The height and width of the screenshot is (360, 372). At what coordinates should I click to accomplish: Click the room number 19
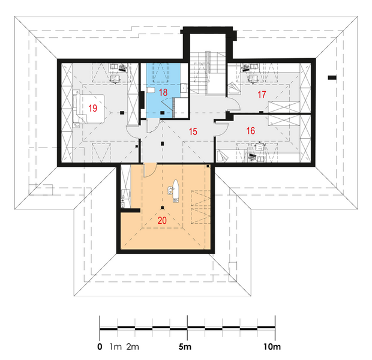93,108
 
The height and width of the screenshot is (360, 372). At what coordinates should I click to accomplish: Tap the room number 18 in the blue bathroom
163,92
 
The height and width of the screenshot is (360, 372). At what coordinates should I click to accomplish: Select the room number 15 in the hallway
193,131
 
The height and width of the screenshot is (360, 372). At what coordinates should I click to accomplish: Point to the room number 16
251,131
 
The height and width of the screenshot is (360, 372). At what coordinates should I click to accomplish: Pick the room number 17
262,94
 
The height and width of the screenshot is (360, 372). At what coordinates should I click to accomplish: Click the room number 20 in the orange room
162,220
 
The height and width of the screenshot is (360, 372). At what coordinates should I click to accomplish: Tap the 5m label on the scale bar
185,347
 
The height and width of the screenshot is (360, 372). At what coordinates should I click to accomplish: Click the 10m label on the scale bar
272,347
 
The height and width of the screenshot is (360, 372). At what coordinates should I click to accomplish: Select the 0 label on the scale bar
100,347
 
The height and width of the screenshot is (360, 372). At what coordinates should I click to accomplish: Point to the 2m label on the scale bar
133,347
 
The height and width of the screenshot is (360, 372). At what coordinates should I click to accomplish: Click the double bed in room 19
89,109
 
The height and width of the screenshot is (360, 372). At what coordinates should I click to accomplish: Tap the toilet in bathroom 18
151,90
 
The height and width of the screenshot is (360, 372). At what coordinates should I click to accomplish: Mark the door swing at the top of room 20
150,170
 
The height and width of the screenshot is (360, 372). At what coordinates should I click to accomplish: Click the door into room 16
222,129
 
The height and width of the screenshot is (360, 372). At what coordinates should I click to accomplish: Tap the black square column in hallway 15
162,143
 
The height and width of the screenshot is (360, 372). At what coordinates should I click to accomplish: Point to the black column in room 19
122,113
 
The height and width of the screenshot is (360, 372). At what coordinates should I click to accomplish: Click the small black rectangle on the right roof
332,77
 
